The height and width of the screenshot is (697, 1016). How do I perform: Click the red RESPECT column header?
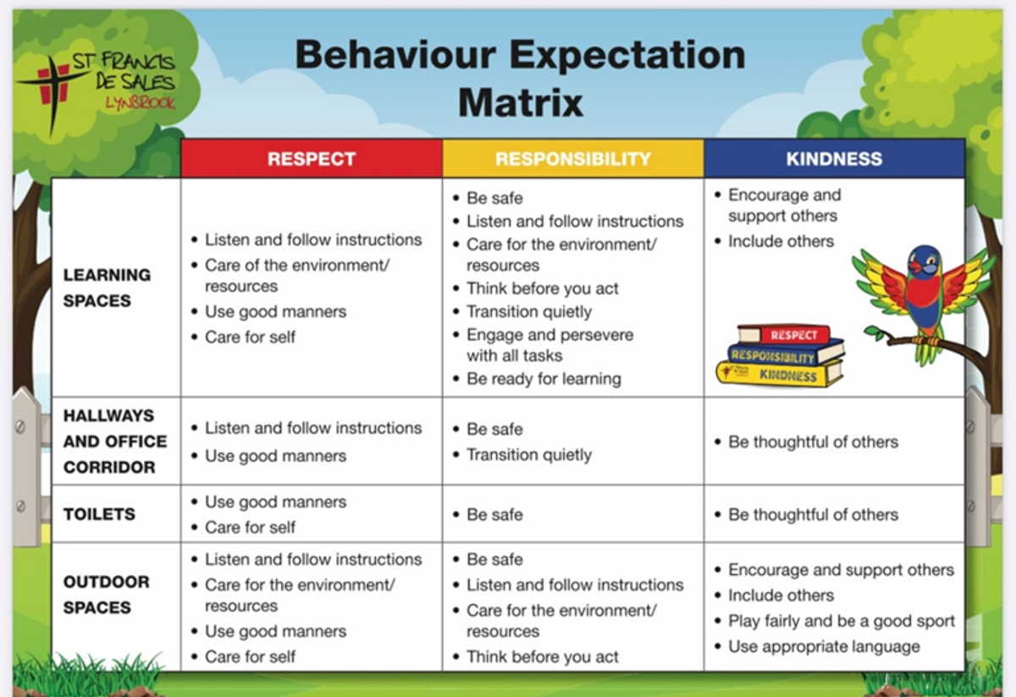point(312,158)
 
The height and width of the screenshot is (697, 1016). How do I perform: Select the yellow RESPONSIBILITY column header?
point(573,158)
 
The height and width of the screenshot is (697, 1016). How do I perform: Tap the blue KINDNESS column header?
point(834,158)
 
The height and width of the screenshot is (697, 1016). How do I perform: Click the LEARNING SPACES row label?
point(107,288)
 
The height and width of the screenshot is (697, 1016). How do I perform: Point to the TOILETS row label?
point(99,514)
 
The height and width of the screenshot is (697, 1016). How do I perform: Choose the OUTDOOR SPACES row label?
point(107,595)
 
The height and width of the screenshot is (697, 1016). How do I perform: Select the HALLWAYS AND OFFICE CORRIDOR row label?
point(115,441)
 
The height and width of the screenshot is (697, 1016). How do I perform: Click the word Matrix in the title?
point(520,102)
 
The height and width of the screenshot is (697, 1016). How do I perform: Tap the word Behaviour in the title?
point(395,54)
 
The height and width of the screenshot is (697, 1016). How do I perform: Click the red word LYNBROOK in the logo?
point(141,103)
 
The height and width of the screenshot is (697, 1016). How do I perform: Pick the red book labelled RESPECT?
point(784,335)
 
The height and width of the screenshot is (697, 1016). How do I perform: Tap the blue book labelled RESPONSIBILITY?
point(786,354)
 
